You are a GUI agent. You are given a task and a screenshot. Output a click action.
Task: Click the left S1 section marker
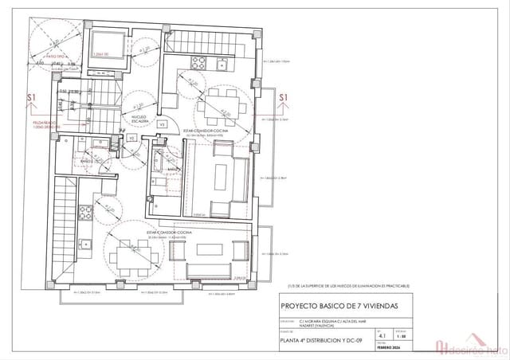32,98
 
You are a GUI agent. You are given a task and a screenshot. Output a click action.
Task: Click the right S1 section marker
283,98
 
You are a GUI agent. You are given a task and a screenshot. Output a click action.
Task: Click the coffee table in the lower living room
212,248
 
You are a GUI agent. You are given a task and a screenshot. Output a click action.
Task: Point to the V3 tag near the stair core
162,124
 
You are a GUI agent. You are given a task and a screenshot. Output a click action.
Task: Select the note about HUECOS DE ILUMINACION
349,284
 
